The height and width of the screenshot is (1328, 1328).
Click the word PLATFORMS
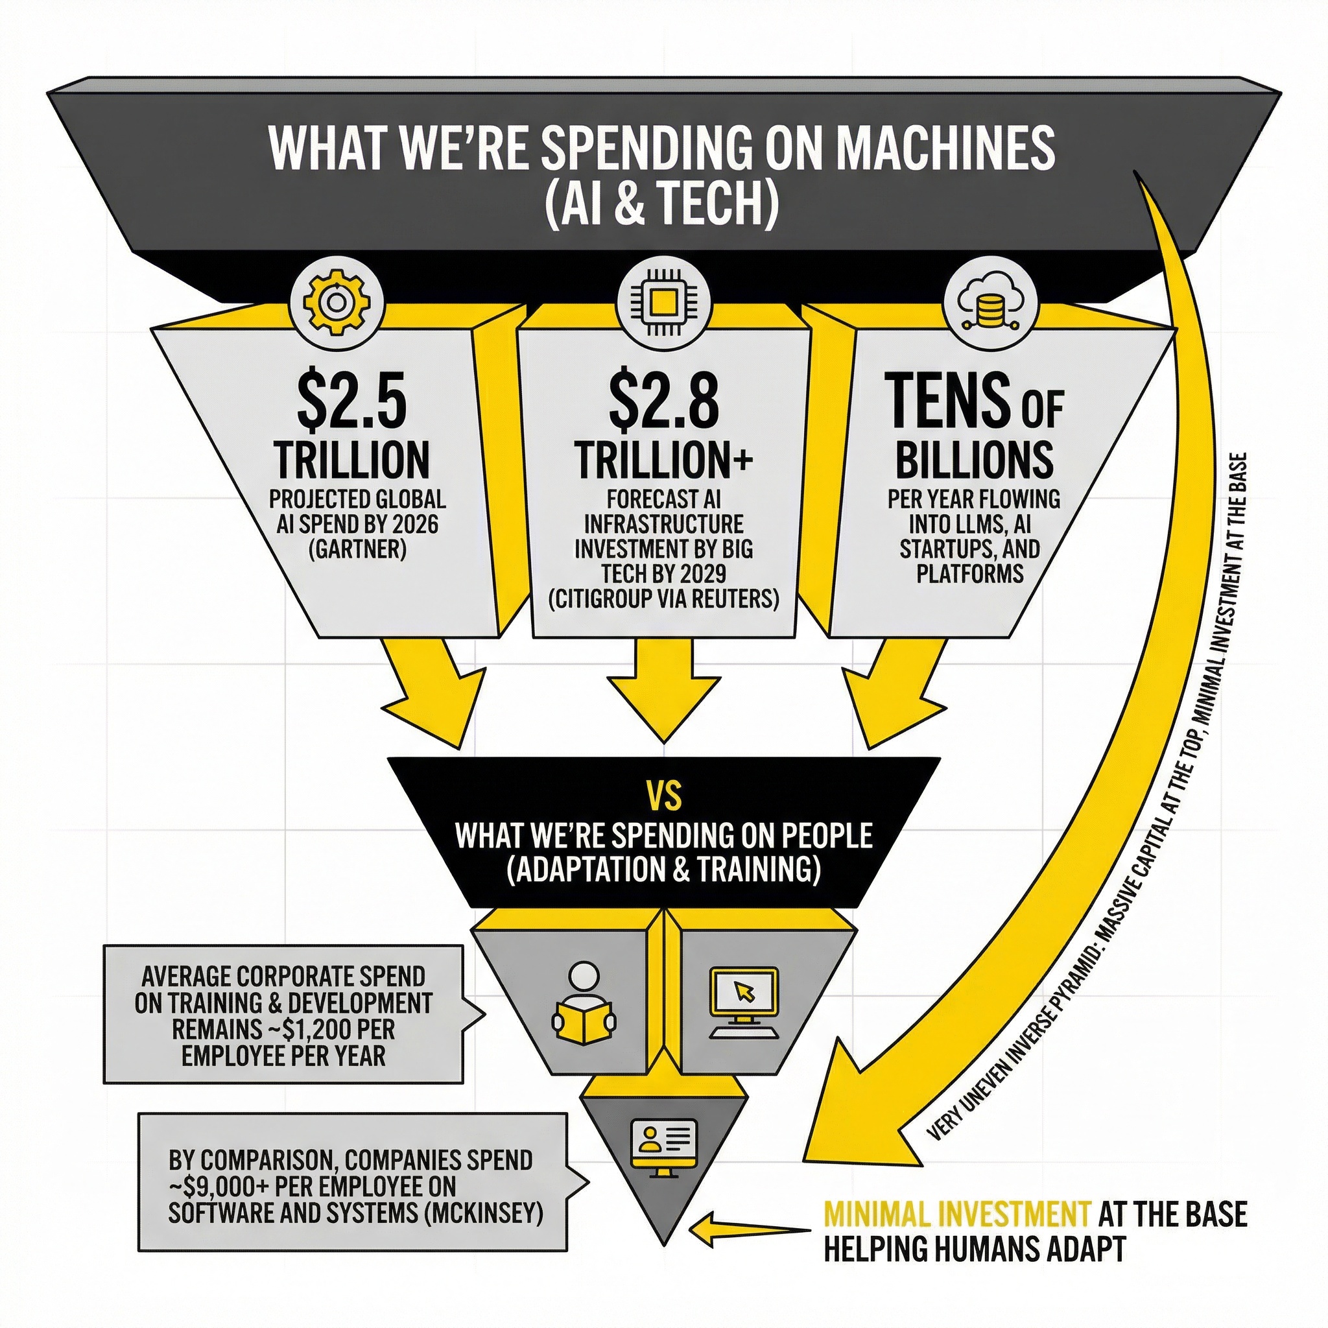971,573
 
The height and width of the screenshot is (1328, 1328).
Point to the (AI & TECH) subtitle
662,206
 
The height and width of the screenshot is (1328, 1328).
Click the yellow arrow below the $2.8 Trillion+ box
663,694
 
